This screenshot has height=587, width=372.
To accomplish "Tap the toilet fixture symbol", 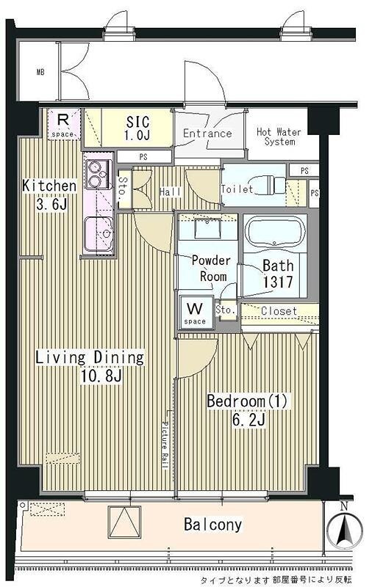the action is tap(271, 185).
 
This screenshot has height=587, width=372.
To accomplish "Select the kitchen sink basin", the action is tap(99, 234).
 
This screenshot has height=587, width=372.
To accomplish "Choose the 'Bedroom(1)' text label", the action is tap(248, 401).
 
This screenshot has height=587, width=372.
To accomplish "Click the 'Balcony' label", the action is tap(212, 524).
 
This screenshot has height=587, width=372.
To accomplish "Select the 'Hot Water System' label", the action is tap(279, 136).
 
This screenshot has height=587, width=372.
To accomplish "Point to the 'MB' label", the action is tap(40, 71).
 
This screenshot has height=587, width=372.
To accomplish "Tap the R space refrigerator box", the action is tap(64, 124).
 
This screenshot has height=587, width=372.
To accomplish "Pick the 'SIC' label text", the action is tap(137, 122).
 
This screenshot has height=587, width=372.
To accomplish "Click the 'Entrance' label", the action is tap(207, 134).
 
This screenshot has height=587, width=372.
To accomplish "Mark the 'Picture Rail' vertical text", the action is tap(164, 445).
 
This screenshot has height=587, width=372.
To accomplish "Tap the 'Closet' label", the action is tap(279, 310).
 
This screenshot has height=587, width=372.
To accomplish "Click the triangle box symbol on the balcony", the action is tap(124, 522).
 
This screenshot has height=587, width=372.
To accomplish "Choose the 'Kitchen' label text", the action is tap(49, 186).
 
